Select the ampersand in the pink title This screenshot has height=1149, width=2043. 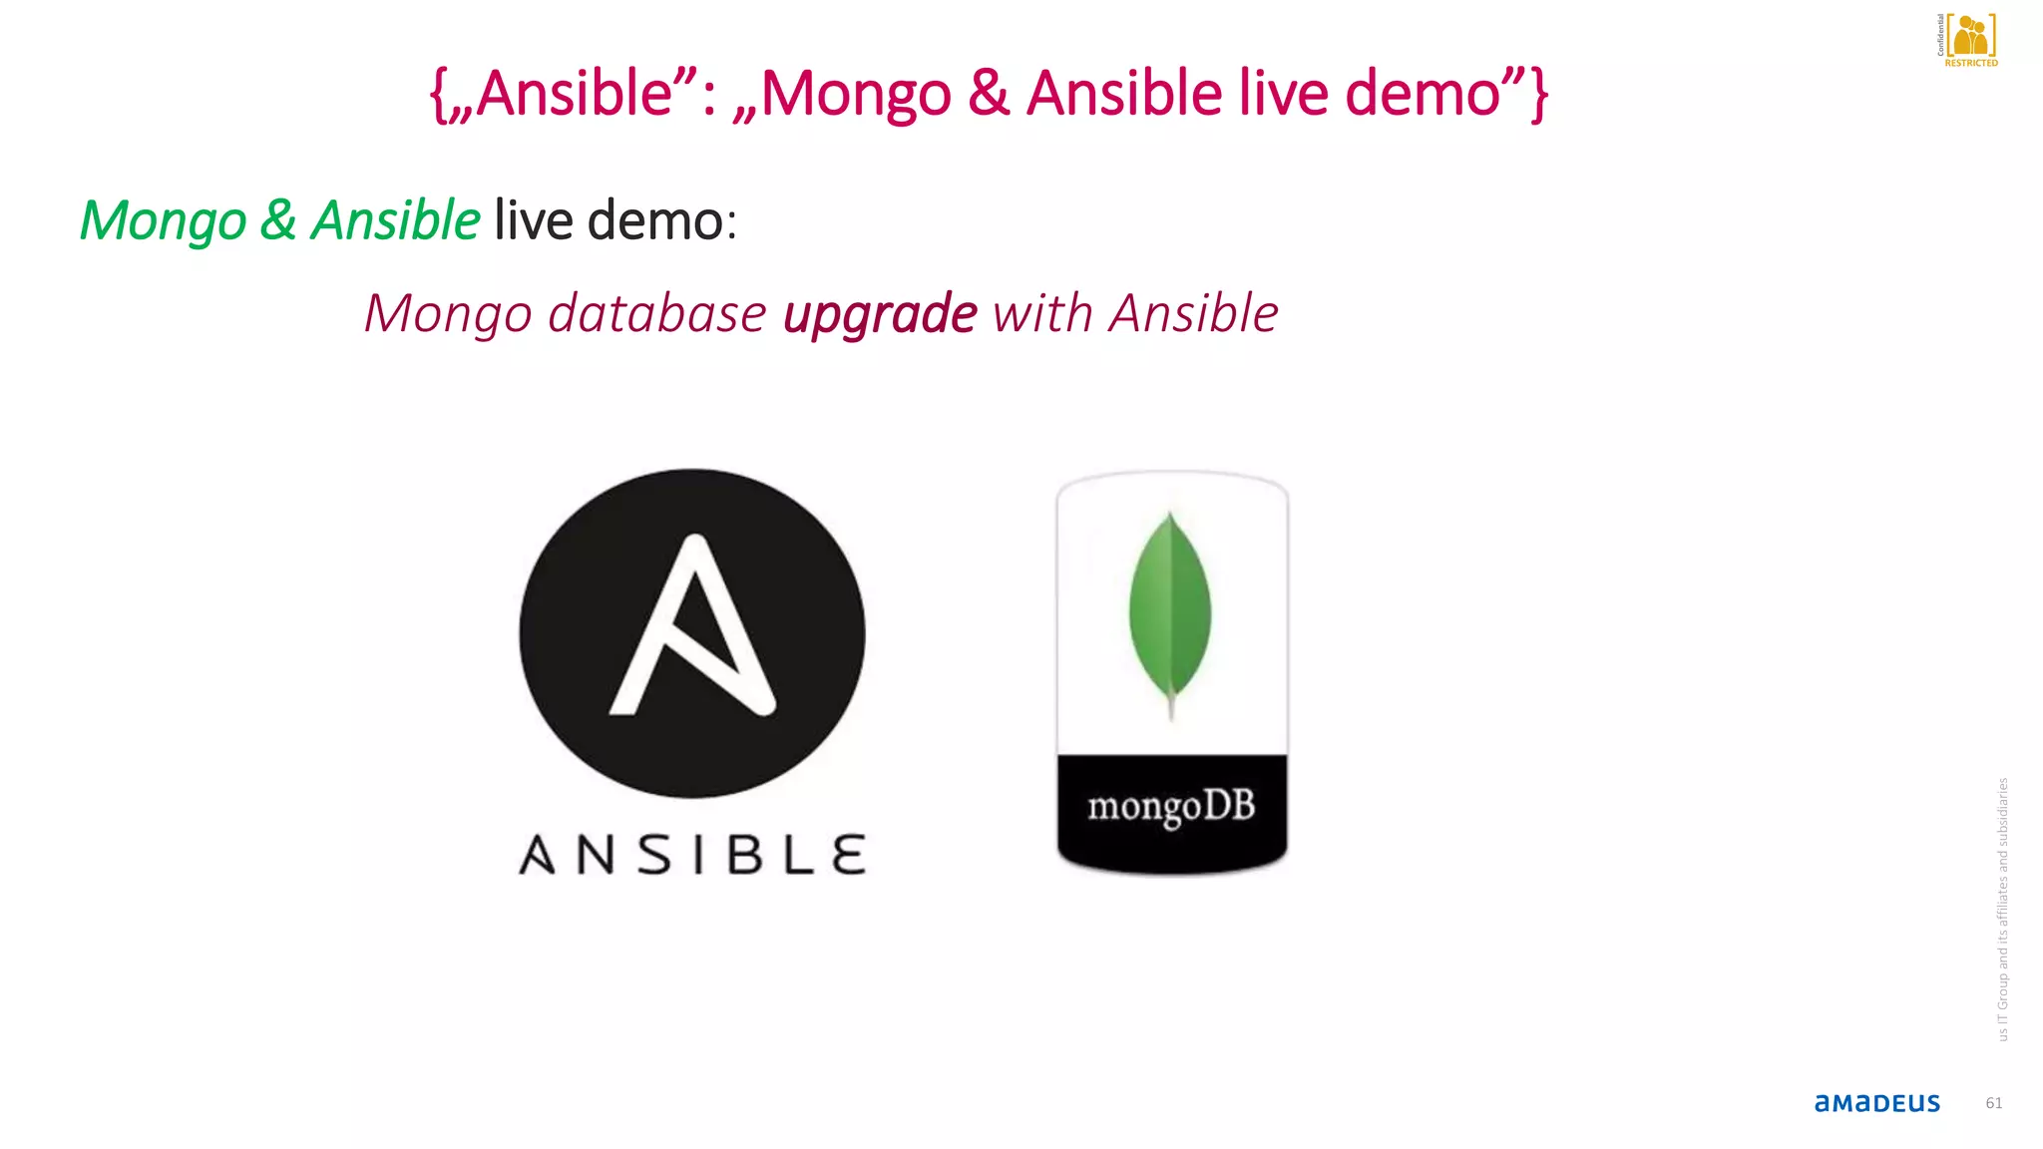click(988, 94)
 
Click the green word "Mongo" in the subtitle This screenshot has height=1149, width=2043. click(164, 220)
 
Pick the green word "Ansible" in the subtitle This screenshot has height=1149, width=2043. click(395, 220)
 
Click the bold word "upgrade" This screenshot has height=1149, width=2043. click(880, 314)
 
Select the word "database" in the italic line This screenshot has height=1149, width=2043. click(657, 314)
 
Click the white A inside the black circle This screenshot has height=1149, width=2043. click(692, 628)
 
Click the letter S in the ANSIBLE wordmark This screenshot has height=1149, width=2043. click(655, 856)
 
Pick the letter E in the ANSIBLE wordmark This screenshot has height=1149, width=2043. click(848, 856)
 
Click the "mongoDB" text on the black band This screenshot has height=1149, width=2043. click(1171, 806)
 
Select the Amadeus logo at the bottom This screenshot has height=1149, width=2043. click(1876, 1103)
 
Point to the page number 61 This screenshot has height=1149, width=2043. click(1993, 1103)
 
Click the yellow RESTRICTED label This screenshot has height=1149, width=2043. click(1970, 63)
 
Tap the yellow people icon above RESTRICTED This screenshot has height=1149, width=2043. click(1971, 36)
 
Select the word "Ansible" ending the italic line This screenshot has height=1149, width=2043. click(1194, 314)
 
